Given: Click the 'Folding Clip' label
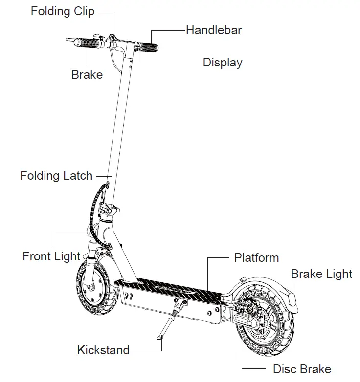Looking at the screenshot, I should coord(62,11).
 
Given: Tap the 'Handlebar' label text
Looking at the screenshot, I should coord(214,30).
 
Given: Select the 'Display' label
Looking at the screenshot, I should coord(222,63).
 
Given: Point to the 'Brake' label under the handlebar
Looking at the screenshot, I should coord(87,75).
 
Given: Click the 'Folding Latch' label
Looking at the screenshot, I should coord(56,175).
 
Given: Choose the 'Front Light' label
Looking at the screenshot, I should coord(51,256).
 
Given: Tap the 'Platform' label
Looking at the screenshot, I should coord(256,257).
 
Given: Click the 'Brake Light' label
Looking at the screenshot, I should coord(321,274).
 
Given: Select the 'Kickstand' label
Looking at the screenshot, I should coord(103,350).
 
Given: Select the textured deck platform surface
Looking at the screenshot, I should coord(171,288).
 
